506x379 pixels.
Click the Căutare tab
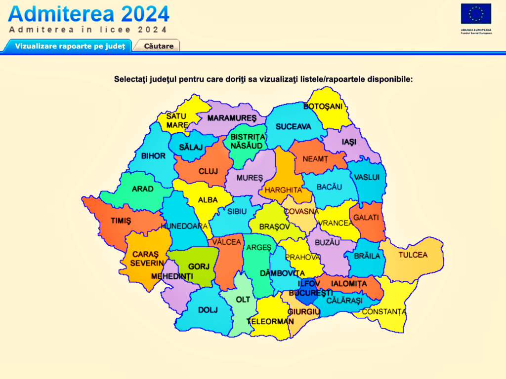159,46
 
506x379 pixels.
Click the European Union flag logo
476,14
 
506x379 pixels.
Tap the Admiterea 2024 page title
89,13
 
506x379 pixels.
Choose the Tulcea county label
413,255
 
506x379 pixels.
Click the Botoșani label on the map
323,107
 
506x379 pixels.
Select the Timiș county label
121,221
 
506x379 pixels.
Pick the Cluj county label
208,171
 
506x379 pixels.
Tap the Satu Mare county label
176,120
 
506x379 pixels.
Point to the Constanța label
384,312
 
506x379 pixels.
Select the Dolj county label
208,310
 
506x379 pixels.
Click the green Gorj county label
199,266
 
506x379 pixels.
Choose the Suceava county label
293,127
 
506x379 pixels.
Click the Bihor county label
153,156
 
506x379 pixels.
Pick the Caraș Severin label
147,259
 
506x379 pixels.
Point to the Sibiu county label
237,211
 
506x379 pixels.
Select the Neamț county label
315,159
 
